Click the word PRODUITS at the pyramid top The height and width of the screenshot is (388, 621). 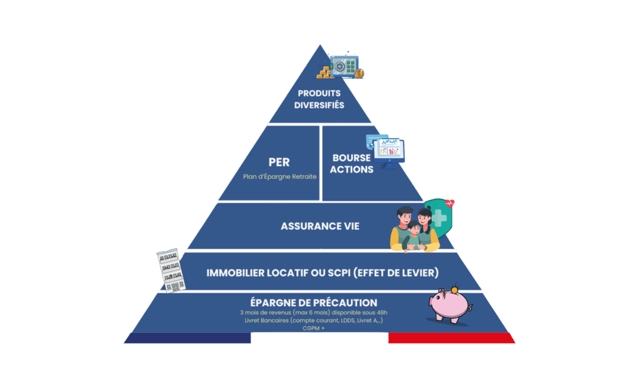(x=319, y=93)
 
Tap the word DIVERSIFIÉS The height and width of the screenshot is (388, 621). (x=319, y=105)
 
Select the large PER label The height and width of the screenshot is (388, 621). (x=279, y=162)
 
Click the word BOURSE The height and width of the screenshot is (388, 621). (x=352, y=158)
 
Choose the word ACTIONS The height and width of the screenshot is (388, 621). (x=352, y=169)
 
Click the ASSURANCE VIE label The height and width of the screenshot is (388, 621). (x=320, y=226)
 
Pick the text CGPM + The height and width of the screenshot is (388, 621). (x=314, y=328)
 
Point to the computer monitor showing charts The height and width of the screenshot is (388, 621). (x=389, y=149)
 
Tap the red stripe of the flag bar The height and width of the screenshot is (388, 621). (x=451, y=338)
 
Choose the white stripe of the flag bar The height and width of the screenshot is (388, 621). (x=319, y=338)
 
